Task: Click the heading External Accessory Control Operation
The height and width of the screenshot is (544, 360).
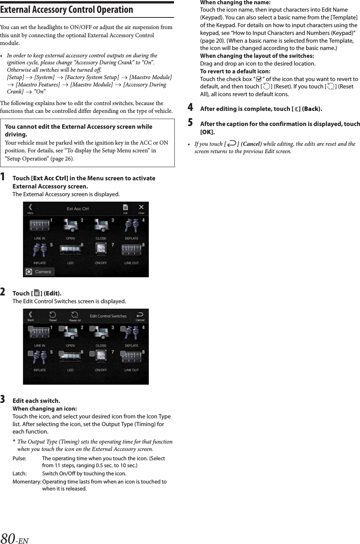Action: (x=67, y=10)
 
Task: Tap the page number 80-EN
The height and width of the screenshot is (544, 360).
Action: (x=15, y=538)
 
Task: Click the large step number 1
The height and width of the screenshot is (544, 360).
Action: (x=3, y=178)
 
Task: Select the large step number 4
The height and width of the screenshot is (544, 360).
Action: (x=190, y=107)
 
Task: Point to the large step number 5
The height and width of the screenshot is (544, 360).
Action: (x=190, y=123)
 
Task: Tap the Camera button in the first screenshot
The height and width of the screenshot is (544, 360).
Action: (x=40, y=272)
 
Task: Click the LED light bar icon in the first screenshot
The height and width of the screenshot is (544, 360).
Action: (x=70, y=249)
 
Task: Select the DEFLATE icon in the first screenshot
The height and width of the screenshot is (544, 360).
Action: (x=131, y=226)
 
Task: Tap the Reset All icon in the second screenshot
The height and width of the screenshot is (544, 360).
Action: (x=75, y=316)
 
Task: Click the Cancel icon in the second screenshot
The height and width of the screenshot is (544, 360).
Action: (x=140, y=316)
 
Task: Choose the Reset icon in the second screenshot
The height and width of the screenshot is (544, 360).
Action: (x=53, y=316)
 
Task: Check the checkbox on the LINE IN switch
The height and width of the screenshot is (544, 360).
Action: (x=30, y=329)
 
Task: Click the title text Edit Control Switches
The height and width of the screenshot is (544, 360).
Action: (x=108, y=316)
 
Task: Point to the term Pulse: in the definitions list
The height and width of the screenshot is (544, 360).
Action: (x=19, y=458)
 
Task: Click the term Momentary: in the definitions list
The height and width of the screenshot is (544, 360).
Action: (x=27, y=482)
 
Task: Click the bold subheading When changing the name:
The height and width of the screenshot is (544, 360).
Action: (x=235, y=2)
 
